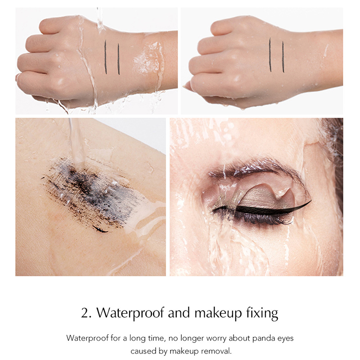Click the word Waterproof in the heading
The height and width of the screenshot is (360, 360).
(x=130, y=313)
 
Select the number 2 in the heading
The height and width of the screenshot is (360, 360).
(x=86, y=313)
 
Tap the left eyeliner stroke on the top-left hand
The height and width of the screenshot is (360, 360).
(x=106, y=57)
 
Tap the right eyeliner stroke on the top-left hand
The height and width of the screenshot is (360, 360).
(x=118, y=59)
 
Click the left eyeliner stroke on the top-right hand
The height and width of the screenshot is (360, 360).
(x=270, y=55)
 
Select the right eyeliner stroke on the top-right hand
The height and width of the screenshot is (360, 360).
(x=283, y=57)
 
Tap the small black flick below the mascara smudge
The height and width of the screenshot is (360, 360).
(x=100, y=229)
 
